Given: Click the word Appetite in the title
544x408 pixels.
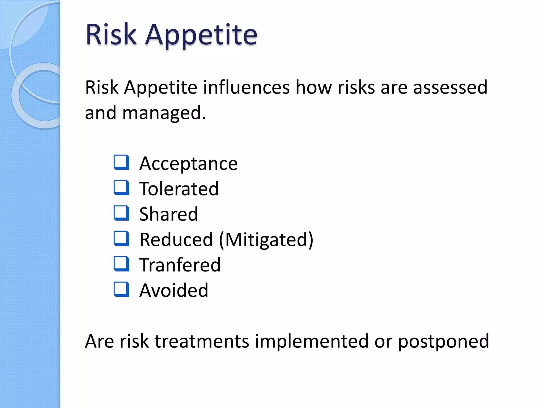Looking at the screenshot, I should [201, 35].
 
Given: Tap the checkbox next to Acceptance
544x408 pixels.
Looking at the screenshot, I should [121, 162].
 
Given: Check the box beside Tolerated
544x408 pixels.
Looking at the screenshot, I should [121, 188].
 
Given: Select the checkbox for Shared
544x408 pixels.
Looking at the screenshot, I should [121, 213].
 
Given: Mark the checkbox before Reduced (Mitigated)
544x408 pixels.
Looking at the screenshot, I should [121, 239].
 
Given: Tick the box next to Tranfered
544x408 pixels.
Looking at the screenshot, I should [121, 264].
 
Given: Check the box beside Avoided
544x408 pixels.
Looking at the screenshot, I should [121, 289].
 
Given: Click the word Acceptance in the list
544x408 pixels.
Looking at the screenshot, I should [188, 164].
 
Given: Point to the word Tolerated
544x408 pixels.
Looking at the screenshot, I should [179, 189].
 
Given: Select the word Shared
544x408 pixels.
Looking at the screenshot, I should [168, 214].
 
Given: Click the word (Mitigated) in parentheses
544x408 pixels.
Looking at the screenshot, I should [266, 240].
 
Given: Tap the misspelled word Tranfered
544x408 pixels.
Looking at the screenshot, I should [180, 265].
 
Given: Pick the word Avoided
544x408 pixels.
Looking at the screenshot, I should [174, 290].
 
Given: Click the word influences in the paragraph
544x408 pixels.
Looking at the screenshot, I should [246, 87].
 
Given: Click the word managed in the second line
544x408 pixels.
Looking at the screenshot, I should [164, 113].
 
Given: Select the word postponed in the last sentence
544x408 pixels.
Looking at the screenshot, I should [443, 341].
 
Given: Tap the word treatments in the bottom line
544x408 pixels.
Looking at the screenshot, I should [202, 341].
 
